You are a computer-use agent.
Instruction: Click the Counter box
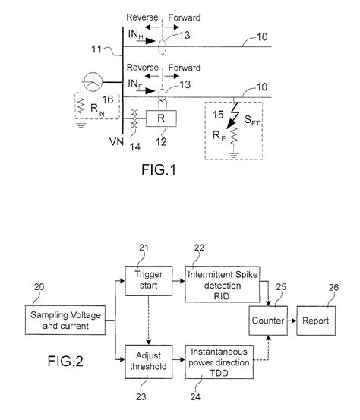pos(266,321)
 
